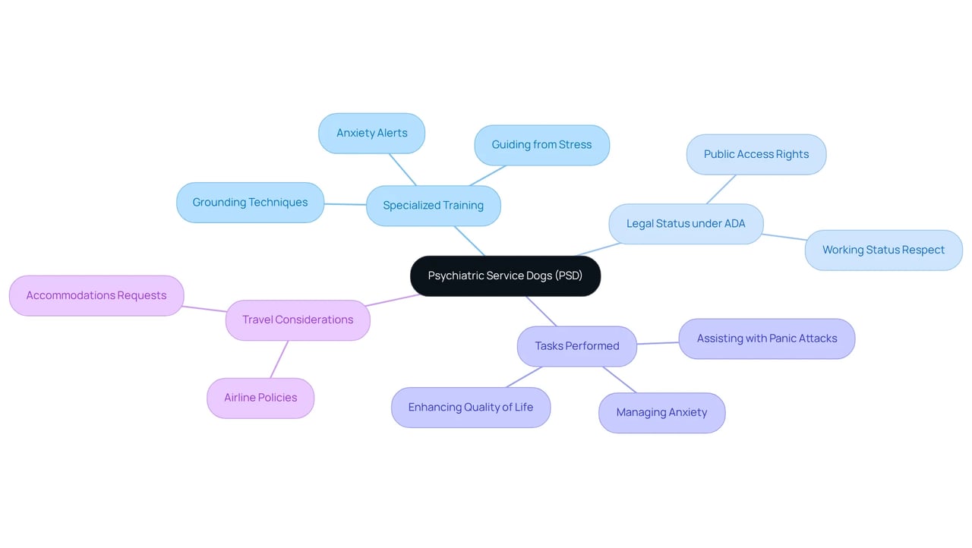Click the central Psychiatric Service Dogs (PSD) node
[506, 276]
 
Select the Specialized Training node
[434, 206]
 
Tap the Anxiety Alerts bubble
[372, 133]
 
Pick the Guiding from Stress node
[542, 145]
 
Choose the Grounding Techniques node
[251, 203]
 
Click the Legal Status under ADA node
[686, 224]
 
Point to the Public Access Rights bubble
[756, 154]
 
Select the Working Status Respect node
[884, 250]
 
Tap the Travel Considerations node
[298, 320]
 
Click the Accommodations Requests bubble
[96, 296]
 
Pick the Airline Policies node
[260, 398]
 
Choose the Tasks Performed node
[577, 346]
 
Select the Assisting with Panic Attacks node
[767, 339]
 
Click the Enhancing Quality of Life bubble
[471, 408]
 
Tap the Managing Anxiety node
[662, 413]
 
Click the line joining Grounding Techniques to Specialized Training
[346, 204]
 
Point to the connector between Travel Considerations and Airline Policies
[279, 360]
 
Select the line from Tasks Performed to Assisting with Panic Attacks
[658, 343]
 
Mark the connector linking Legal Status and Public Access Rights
[721, 190]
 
